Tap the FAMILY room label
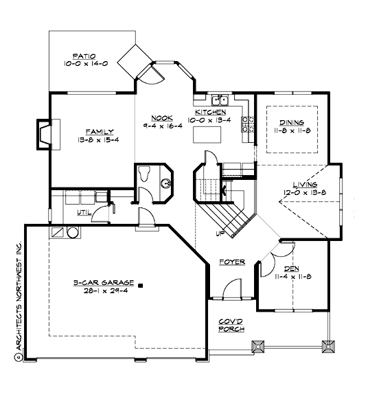tap(100, 130)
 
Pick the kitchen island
tap(207, 137)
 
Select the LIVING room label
tap(304, 185)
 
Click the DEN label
tap(293, 268)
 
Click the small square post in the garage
tap(139, 284)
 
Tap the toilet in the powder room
tap(145, 174)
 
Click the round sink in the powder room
tap(165, 183)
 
